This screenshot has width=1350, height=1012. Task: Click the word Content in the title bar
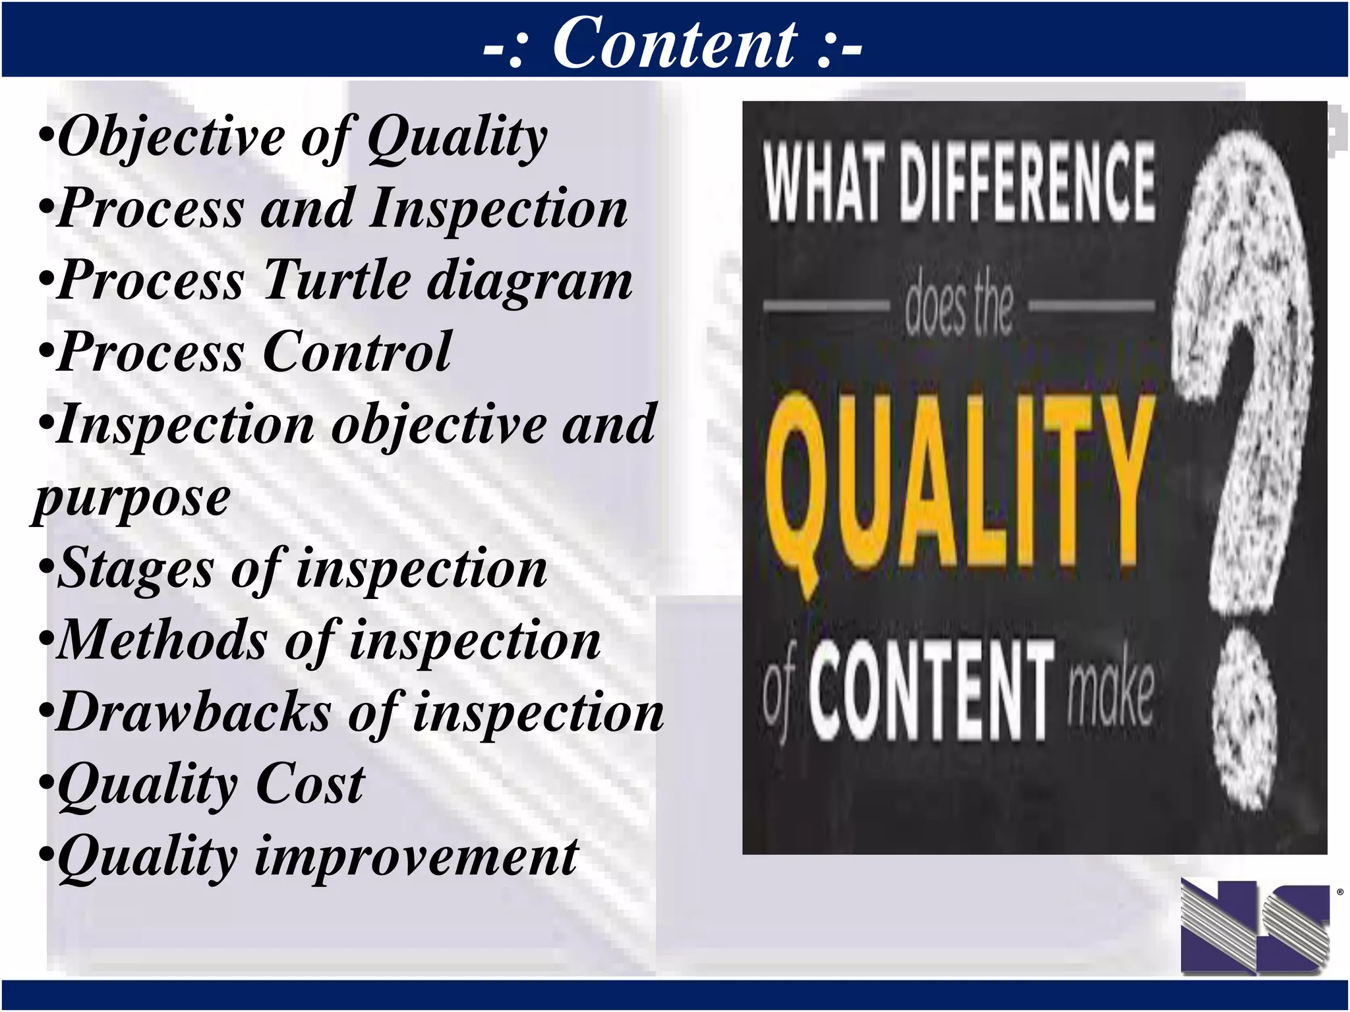click(x=675, y=43)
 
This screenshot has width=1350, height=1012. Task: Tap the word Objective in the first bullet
click(x=171, y=137)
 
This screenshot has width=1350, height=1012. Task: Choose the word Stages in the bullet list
click(x=135, y=569)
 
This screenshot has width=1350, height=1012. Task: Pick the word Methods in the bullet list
click(x=162, y=640)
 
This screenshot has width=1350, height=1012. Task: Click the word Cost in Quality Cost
click(x=309, y=784)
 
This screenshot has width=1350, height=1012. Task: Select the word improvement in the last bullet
click(x=416, y=856)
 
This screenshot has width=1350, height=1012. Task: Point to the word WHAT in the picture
click(x=823, y=183)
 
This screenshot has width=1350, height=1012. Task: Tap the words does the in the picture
click(x=958, y=306)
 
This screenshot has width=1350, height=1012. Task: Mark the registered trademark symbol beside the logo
click(x=1340, y=893)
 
